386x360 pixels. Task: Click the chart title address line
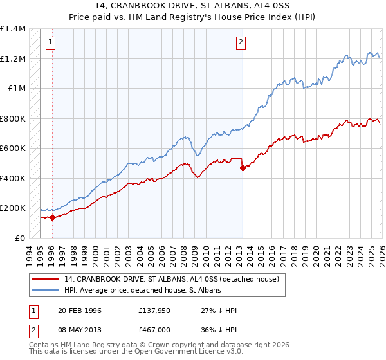pyautogui.click(x=193, y=6)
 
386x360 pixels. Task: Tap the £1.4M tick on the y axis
pyautogui.click(x=13, y=29)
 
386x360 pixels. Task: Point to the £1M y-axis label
pyautogui.click(x=16, y=89)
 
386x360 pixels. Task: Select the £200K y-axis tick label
pyautogui.click(x=13, y=208)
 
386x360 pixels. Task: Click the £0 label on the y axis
pyautogui.click(x=19, y=238)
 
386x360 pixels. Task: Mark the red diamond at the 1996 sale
pyautogui.click(x=52, y=217)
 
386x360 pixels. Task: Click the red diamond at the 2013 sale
pyautogui.click(x=243, y=168)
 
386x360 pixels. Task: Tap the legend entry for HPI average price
pyautogui.click(x=142, y=291)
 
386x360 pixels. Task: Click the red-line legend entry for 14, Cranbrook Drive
pyautogui.click(x=171, y=279)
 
